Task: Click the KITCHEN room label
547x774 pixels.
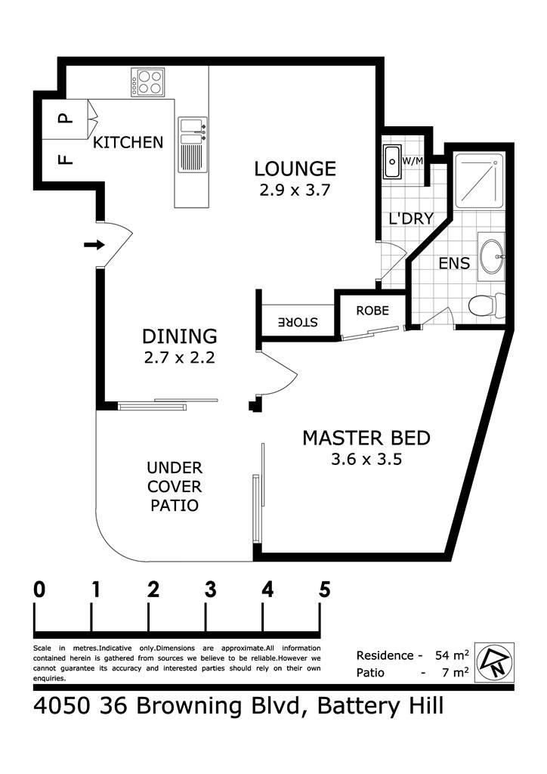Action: (x=128, y=142)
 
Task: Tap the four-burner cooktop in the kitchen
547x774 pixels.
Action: (x=147, y=82)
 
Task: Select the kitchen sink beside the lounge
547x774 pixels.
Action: (x=193, y=145)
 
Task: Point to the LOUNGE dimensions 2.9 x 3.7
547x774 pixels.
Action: (x=295, y=190)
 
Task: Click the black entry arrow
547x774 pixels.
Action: (x=94, y=244)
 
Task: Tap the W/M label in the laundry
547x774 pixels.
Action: (x=413, y=161)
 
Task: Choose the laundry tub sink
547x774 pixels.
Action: (x=393, y=162)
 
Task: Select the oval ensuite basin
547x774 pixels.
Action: (x=492, y=257)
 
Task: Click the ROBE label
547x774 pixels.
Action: (x=372, y=311)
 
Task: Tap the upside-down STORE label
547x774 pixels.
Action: (x=298, y=322)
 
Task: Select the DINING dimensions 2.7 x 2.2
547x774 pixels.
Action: (x=179, y=357)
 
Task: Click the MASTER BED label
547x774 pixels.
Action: (x=366, y=438)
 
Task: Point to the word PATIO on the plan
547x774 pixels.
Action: (x=175, y=506)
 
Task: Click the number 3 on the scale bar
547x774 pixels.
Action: (x=210, y=589)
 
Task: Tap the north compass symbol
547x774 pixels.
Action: (x=494, y=662)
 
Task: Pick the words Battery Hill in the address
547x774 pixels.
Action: (x=380, y=706)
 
